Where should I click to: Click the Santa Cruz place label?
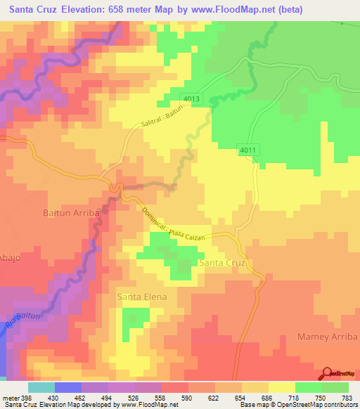[221, 263]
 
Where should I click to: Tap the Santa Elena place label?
[142, 297]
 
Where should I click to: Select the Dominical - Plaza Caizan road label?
[172, 225]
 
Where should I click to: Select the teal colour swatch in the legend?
[41, 387]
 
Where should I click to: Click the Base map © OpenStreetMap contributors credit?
[298, 405]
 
